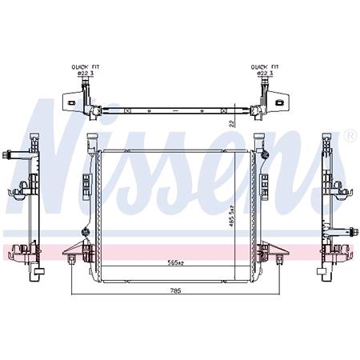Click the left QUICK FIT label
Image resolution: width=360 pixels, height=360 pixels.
coord(83,67)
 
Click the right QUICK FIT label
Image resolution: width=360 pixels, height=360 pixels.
coord(265,67)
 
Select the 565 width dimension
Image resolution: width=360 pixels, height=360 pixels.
coord(174,262)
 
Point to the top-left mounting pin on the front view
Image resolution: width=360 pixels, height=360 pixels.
coord(90,136)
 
